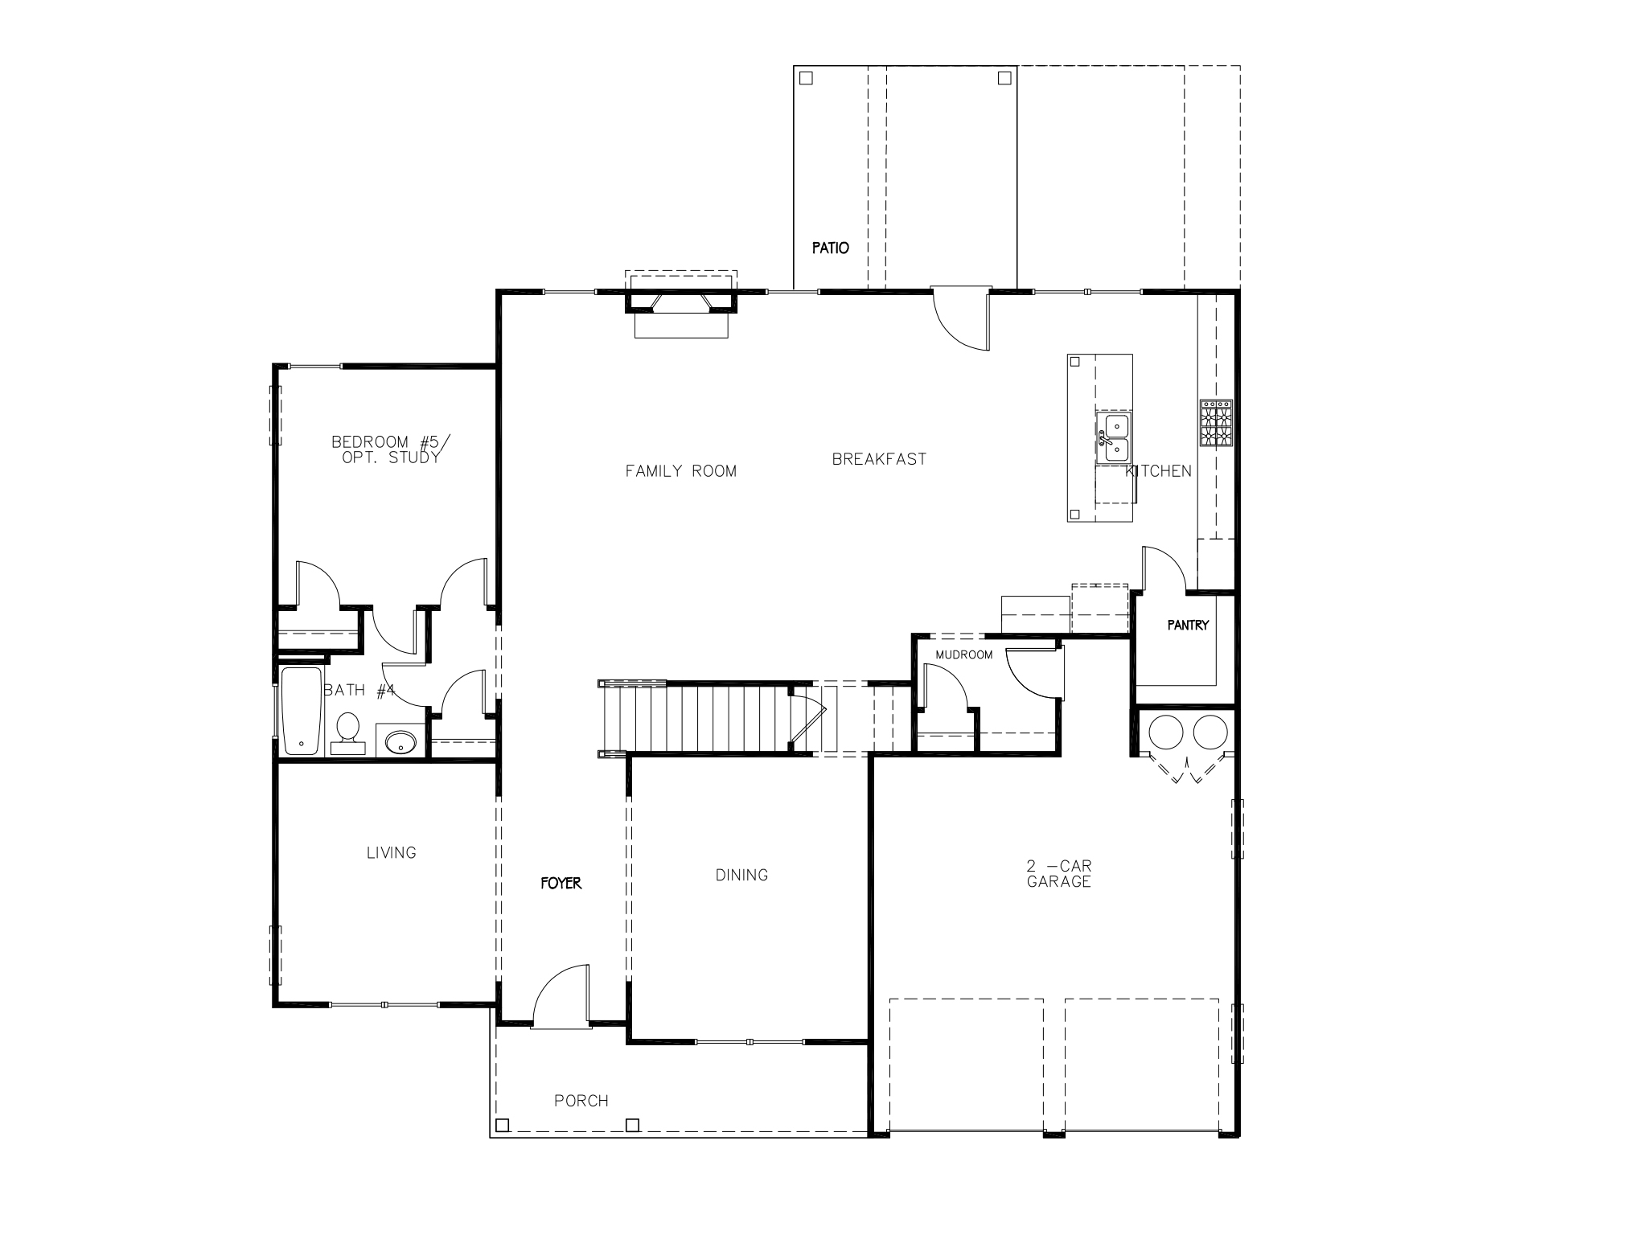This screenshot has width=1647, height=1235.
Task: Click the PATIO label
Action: (x=830, y=248)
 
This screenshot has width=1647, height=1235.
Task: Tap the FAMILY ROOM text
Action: (x=681, y=471)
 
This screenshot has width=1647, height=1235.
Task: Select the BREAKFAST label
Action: (x=879, y=459)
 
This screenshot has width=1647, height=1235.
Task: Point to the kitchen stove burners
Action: (x=1216, y=424)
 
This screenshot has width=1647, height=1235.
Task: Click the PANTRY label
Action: (x=1188, y=625)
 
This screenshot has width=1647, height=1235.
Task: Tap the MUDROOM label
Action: (x=963, y=654)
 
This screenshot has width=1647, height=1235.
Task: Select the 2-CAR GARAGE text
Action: (x=1058, y=874)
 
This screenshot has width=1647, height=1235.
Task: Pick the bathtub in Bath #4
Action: (x=301, y=711)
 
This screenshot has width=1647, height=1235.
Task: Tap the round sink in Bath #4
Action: (x=400, y=741)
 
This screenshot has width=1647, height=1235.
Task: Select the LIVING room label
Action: (x=392, y=852)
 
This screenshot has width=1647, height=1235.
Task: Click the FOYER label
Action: (x=561, y=883)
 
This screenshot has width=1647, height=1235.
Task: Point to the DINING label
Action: (x=741, y=875)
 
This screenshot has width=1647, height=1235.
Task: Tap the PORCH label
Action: (x=581, y=1101)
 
